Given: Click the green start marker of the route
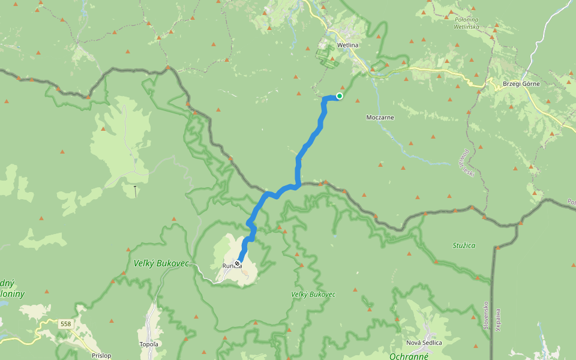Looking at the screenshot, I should click(x=340, y=96).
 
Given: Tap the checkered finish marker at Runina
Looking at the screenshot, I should click(x=238, y=264).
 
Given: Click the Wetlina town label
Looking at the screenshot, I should click(x=348, y=45).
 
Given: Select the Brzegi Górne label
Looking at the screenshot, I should click(x=521, y=83).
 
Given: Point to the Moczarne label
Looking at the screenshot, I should click(x=380, y=117).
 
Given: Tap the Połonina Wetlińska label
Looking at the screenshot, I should click(x=466, y=23).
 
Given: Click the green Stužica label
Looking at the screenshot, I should click(x=464, y=245).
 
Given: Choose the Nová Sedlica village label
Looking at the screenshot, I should click(x=424, y=343).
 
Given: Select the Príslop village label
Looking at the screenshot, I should click(x=101, y=355).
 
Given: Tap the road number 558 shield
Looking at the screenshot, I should click(x=66, y=324).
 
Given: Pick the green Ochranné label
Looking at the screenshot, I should click(x=409, y=355).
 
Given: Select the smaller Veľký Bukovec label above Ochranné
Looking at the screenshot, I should click(x=313, y=295).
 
